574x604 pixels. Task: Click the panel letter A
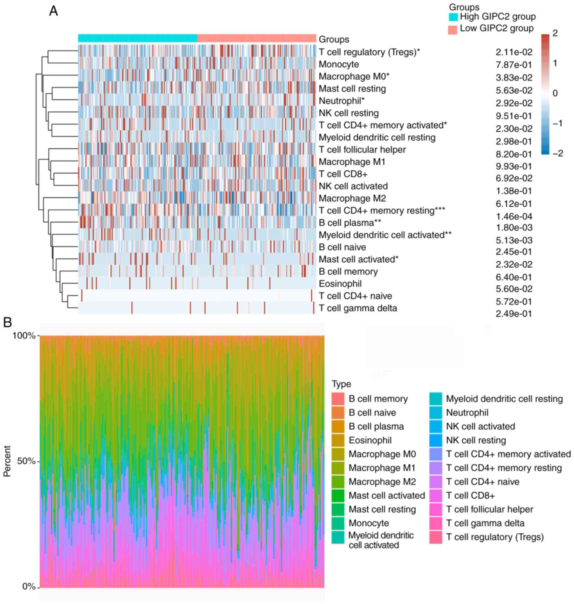pyautogui.click(x=54, y=11)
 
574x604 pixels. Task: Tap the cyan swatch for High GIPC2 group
pyautogui.click(x=453, y=17)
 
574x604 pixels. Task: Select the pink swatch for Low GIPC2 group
pyautogui.click(x=453, y=30)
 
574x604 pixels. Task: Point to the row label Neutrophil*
pyautogui.click(x=342, y=101)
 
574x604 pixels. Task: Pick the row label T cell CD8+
pyautogui.click(x=343, y=174)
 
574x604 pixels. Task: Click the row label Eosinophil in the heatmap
pyautogui.click(x=340, y=284)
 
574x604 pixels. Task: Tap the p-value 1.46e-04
pyautogui.click(x=514, y=216)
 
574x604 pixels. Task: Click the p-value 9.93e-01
pyautogui.click(x=514, y=166)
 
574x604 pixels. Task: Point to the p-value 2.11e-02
pyautogui.click(x=514, y=52)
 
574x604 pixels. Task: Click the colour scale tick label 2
pyautogui.click(x=555, y=33)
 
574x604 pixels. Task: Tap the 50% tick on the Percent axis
pyautogui.click(x=26, y=461)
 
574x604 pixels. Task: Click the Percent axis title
pyautogui.click(x=7, y=461)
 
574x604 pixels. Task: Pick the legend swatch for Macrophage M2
pyautogui.click(x=338, y=482)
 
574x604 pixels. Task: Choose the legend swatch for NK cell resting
pyautogui.click(x=435, y=440)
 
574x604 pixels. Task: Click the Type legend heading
pyautogui.click(x=341, y=384)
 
